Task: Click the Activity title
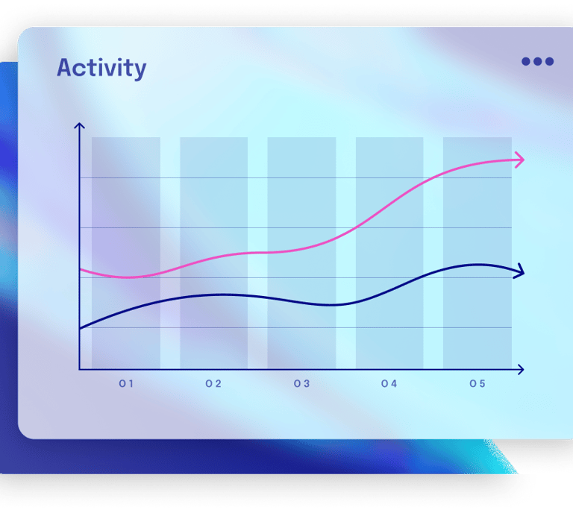pyautogui.click(x=101, y=69)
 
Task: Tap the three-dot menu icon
pyautogui.click(x=537, y=61)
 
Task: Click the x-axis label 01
pyautogui.click(x=126, y=384)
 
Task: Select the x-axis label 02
pyautogui.click(x=213, y=384)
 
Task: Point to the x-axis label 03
pyautogui.click(x=302, y=384)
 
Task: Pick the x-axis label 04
pyautogui.click(x=389, y=384)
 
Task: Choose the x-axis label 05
pyautogui.click(x=477, y=384)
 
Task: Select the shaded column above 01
pyautogui.click(x=125, y=253)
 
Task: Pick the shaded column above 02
pyautogui.click(x=214, y=253)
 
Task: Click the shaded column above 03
pyautogui.click(x=301, y=253)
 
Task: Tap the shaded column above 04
pyautogui.click(x=389, y=253)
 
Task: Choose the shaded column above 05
pyautogui.click(x=477, y=253)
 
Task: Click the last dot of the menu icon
pyautogui.click(x=549, y=61)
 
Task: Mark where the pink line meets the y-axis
pyautogui.click(x=80, y=270)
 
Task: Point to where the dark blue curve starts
pyautogui.click(x=80, y=329)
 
